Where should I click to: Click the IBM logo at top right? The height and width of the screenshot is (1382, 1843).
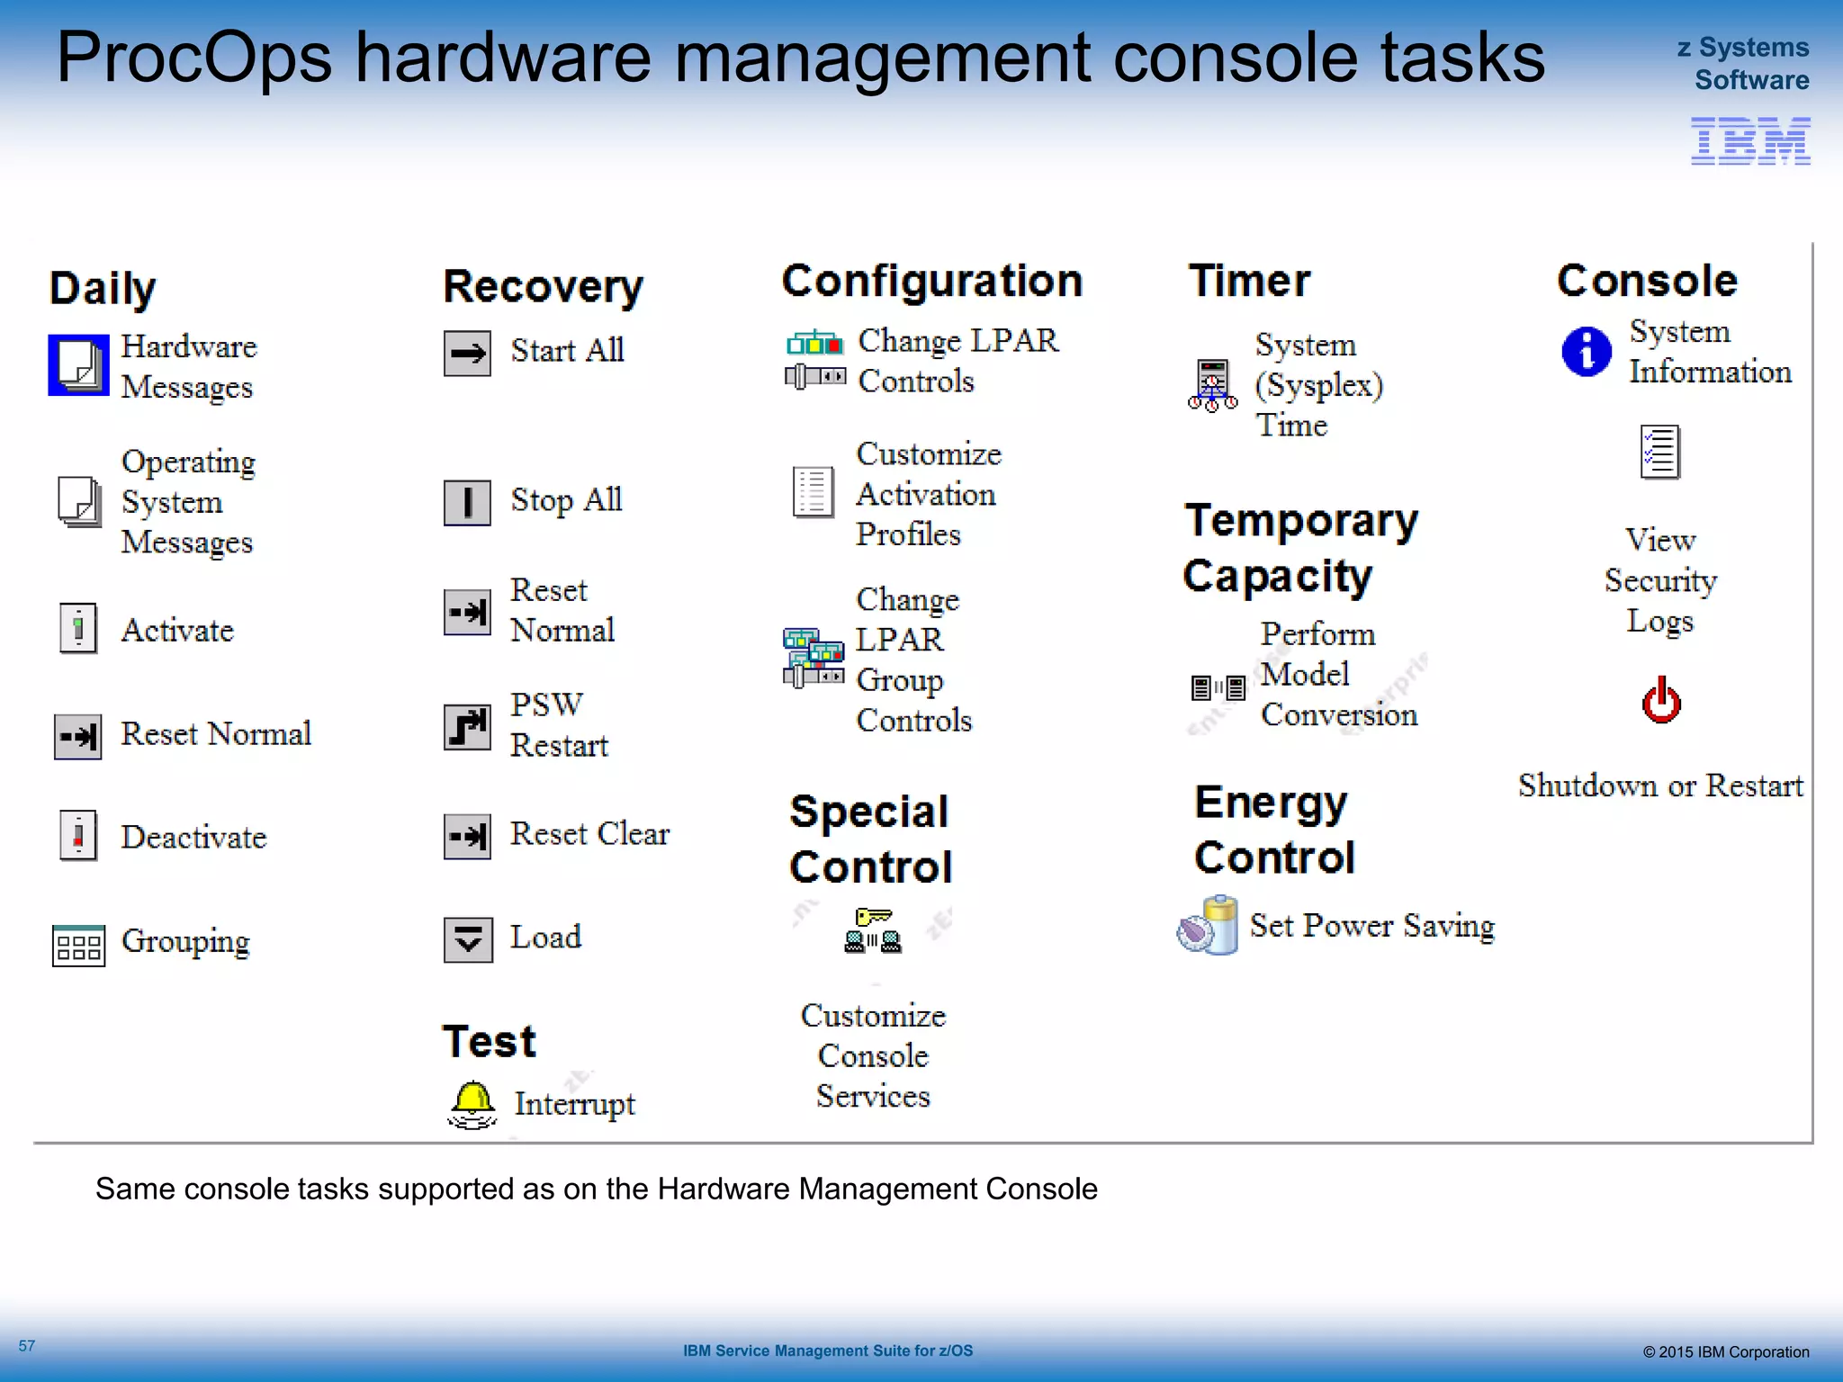(1749, 141)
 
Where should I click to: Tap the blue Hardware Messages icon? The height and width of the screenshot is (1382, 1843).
(78, 365)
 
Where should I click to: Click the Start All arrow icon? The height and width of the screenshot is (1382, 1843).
(467, 354)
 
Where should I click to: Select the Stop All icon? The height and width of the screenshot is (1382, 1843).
(467, 502)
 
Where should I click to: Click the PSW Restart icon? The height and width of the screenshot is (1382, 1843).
(467, 727)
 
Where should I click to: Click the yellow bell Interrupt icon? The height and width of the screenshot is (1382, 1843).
(472, 1103)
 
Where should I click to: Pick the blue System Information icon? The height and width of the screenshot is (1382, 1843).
(1587, 352)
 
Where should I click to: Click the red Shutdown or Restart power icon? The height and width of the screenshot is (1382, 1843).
(1660, 701)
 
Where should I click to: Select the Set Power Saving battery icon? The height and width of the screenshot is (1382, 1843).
(1208, 925)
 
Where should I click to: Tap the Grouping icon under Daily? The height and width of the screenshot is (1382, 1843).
(78, 945)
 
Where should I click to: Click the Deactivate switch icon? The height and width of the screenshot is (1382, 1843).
(78, 836)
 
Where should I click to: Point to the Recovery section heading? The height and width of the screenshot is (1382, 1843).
(543, 287)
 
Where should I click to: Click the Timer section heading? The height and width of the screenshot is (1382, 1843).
(1249, 281)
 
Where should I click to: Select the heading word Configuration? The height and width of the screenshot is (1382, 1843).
(931, 281)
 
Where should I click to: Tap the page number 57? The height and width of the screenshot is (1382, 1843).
(27, 1346)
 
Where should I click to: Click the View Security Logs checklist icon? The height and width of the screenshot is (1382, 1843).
(1659, 452)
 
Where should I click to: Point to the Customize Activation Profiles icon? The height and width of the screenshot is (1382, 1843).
(813, 492)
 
